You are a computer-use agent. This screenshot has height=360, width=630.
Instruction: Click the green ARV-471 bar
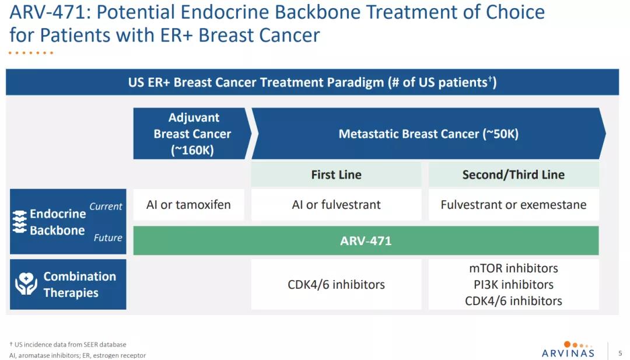click(366, 240)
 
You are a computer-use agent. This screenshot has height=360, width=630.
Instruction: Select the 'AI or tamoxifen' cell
click(188, 205)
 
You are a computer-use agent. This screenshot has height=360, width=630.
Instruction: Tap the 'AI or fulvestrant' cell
click(337, 205)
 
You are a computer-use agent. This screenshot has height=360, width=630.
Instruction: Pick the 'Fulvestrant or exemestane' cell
click(513, 205)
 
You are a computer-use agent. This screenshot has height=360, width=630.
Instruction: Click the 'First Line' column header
click(337, 174)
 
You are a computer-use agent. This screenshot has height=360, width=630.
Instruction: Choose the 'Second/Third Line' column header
click(513, 174)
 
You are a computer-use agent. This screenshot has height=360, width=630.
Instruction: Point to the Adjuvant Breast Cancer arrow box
click(192, 134)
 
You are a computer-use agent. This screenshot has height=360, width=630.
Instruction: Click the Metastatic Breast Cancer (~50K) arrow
click(428, 134)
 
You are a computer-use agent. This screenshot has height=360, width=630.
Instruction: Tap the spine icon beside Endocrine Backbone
click(20, 222)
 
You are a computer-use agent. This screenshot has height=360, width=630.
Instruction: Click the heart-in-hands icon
click(26, 284)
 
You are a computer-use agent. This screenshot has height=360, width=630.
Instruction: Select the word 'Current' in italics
click(106, 207)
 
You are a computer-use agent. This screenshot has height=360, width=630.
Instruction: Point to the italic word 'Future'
click(108, 237)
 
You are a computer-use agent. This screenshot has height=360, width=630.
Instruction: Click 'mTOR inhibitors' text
click(513, 268)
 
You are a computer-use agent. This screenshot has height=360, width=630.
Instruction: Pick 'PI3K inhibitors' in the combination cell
click(513, 285)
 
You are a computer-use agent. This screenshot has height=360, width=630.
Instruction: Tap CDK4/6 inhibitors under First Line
click(337, 285)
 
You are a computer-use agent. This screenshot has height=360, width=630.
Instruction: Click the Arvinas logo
click(568, 349)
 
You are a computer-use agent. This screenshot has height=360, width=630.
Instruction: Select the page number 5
click(620, 353)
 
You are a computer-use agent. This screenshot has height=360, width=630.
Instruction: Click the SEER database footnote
click(68, 344)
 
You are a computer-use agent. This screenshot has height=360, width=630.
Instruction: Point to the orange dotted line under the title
click(31, 53)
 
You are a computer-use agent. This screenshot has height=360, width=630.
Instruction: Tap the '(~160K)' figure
click(192, 151)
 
